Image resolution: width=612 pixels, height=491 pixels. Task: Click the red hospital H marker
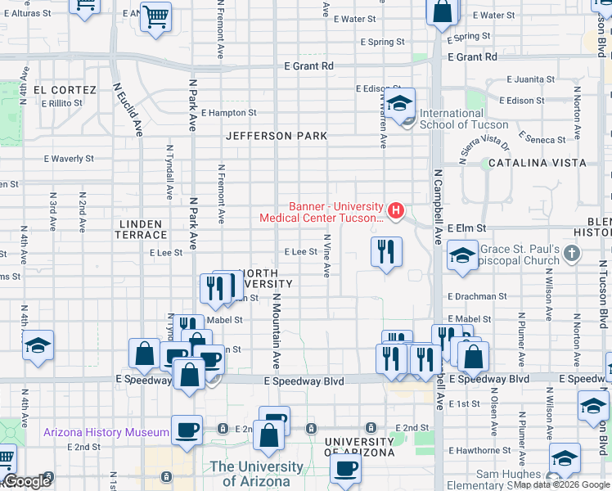click(x=397, y=212)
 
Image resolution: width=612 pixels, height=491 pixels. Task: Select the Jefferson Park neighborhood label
click(x=277, y=136)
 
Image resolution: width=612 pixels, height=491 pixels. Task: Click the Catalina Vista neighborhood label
click(x=537, y=163)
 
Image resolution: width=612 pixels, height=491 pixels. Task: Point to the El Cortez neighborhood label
click(x=65, y=90)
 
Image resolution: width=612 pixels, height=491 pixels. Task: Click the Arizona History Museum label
click(x=106, y=432)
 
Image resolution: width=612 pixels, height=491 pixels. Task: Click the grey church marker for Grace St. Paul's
click(x=572, y=254)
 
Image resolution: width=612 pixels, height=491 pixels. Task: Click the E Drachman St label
click(x=479, y=296)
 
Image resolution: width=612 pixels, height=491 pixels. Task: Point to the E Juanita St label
click(x=531, y=80)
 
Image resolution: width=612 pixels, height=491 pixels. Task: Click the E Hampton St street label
click(x=228, y=113)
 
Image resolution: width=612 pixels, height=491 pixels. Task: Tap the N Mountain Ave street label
click(x=277, y=331)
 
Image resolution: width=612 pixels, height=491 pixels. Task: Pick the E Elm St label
click(x=467, y=228)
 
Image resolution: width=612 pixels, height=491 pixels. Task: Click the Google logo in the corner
click(x=27, y=481)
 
